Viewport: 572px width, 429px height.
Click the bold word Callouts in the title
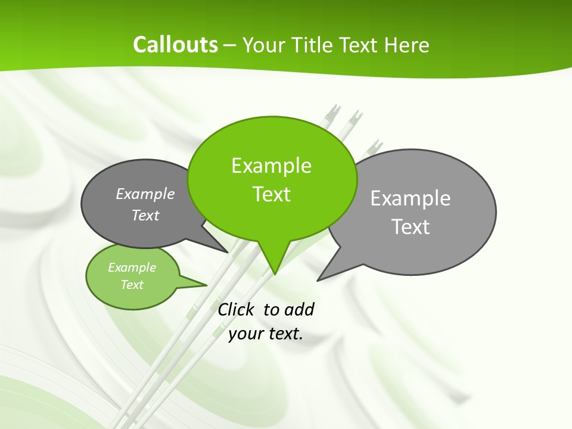(175, 45)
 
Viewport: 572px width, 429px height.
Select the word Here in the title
(407, 45)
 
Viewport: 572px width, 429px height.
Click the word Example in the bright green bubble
(271, 166)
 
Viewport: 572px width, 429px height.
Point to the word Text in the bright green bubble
(271, 194)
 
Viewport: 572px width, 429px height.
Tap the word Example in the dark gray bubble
(145, 194)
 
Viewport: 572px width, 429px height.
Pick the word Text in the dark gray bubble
(145, 215)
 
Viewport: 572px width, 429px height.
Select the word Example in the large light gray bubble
(411, 198)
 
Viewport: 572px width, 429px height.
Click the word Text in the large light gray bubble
(411, 226)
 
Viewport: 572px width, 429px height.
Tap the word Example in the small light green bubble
(132, 268)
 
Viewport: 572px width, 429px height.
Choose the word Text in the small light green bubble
(132, 285)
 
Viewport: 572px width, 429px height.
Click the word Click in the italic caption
(236, 309)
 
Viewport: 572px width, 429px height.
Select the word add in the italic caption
(299, 309)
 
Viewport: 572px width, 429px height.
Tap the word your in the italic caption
(245, 334)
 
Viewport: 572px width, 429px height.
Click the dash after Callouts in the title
(231, 45)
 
